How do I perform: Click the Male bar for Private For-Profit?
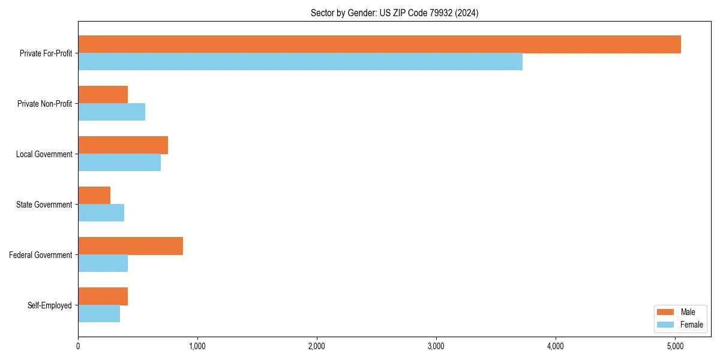(379, 44)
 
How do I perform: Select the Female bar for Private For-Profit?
(300, 62)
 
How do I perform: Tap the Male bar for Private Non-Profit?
(103, 95)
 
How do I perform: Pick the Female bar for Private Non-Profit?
(112, 112)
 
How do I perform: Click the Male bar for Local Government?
(123, 145)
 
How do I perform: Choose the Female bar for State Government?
(101, 213)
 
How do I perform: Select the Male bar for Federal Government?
(130, 246)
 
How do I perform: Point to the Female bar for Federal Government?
(103, 263)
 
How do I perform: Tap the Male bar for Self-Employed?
(103, 296)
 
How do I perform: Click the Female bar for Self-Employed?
(99, 314)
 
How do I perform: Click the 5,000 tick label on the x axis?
(675, 346)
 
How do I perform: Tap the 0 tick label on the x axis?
(78, 346)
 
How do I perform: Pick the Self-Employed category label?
(50, 305)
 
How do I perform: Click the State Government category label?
(44, 205)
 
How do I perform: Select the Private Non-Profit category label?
(44, 104)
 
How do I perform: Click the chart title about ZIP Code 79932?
(394, 13)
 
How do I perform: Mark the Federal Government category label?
(41, 255)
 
